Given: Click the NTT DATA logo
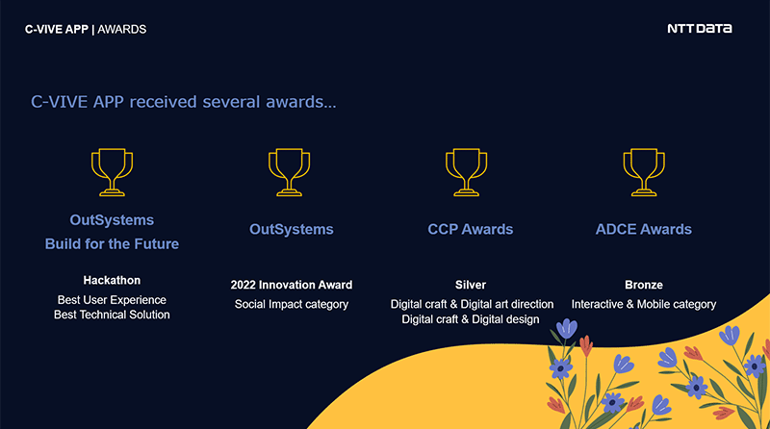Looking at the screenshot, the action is point(700,29).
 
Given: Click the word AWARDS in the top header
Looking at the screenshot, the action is point(122,30).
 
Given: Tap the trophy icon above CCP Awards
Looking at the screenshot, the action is point(466,172).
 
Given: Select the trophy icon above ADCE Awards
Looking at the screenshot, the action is point(644,172).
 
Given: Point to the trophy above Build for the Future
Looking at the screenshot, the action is point(112,172).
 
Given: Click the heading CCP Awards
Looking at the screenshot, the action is point(471,229).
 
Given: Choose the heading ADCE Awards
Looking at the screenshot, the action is point(643,229).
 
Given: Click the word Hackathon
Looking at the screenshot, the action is point(112,280).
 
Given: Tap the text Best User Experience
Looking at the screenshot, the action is point(112,300).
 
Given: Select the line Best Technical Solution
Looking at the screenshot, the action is point(112,315).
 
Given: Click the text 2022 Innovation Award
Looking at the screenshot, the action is point(292,285).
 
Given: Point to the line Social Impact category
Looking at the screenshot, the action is point(292,304).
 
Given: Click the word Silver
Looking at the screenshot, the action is point(471,285).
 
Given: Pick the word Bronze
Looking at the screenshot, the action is point(644,285).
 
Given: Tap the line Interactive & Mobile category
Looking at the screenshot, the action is point(644,304).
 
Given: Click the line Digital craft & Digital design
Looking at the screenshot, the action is point(471,319).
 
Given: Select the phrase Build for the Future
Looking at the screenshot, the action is point(112,244).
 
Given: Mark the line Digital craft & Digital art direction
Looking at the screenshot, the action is point(472,304).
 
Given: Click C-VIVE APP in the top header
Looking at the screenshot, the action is point(57,30).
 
